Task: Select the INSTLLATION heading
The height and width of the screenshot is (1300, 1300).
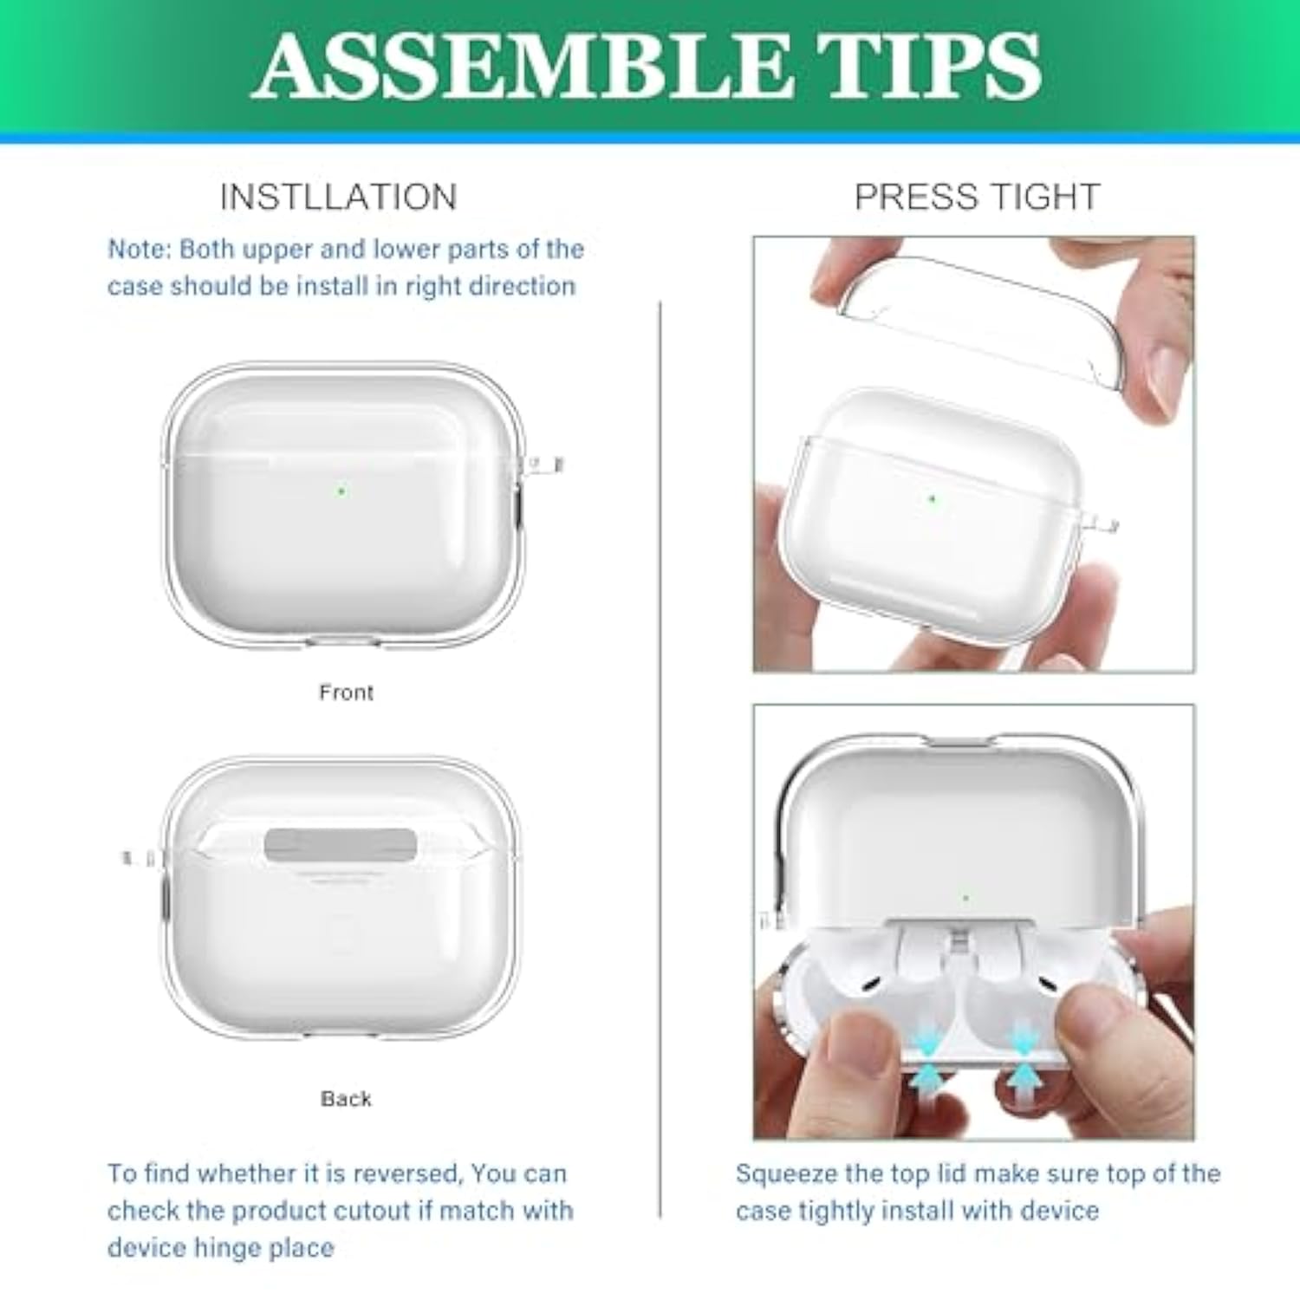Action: point(338,198)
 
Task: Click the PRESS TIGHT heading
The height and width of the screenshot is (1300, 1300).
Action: point(977,198)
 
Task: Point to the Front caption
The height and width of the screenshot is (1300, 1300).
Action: point(346,692)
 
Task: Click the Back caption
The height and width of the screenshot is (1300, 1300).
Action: point(346,1099)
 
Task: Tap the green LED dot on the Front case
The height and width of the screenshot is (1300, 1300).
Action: point(341,491)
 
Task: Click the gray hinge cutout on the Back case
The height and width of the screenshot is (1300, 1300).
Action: point(340,844)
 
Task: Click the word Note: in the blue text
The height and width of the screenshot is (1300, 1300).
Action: point(140,250)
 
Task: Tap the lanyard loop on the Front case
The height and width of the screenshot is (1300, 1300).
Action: point(544,465)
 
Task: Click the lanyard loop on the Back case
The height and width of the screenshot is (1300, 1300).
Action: point(139,859)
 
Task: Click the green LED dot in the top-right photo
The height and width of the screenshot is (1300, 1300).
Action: point(933,499)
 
